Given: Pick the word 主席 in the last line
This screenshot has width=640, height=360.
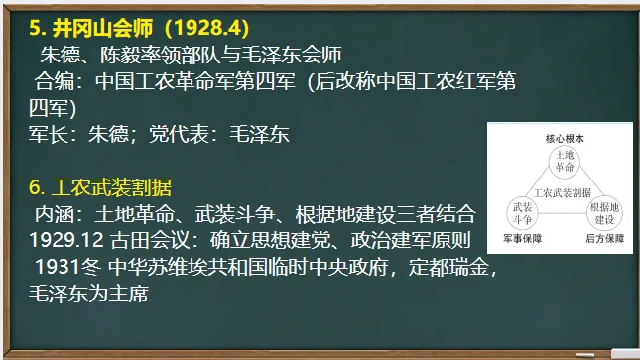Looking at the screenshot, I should [x=129, y=295].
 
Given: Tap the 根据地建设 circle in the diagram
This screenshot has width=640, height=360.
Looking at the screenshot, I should [x=604, y=210].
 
